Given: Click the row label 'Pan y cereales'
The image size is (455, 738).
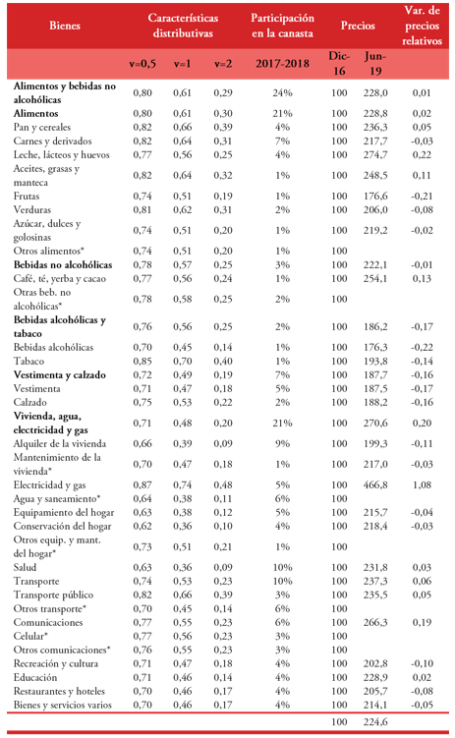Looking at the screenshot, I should pos(42,127).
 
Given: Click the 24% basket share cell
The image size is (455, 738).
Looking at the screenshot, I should pos(283,91).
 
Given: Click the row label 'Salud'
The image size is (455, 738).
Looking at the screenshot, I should pos(26,567).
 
